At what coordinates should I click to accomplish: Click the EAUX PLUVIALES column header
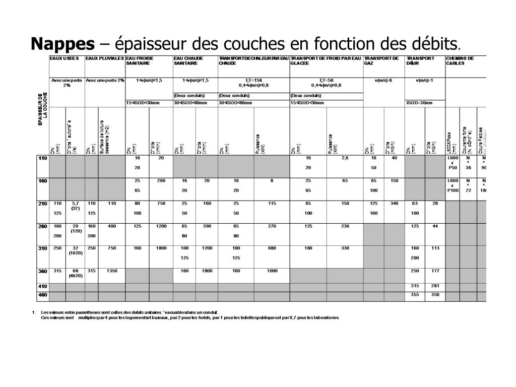[x=104, y=58]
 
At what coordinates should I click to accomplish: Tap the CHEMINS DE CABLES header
[x=460, y=60]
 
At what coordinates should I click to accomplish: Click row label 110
[x=42, y=158]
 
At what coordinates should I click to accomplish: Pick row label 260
[x=42, y=226]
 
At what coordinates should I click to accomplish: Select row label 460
[x=42, y=294]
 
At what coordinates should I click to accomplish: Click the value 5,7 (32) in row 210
[x=76, y=206]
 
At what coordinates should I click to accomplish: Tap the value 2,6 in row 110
[x=345, y=158]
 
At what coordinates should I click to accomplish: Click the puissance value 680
[x=272, y=248]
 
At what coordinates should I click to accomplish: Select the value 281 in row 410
[x=435, y=286]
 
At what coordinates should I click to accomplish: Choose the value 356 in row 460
[x=435, y=294]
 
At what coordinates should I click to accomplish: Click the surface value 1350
[x=111, y=271]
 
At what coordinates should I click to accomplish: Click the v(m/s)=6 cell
[x=383, y=81]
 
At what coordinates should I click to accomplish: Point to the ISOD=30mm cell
[x=419, y=103]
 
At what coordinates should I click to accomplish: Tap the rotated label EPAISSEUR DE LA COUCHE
[x=42, y=108]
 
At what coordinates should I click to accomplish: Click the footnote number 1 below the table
[x=33, y=312]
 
